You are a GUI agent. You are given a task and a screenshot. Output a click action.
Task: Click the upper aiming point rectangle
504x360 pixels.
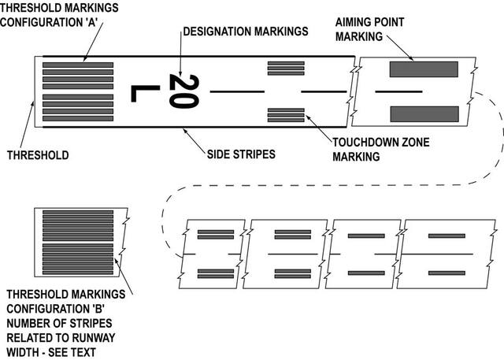pos(424,70)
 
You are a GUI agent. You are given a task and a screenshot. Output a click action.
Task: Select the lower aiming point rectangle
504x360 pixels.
pos(424,113)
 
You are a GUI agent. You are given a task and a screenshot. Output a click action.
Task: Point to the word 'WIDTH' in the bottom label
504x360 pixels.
pos(23,351)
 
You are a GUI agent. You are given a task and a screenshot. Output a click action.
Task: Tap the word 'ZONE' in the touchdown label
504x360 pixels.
pos(395,143)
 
